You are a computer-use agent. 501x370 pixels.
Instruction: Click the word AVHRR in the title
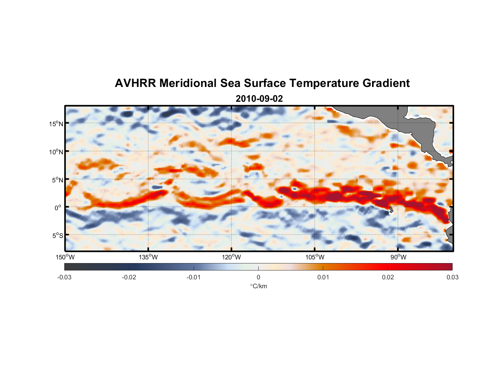pyautogui.click(x=135, y=83)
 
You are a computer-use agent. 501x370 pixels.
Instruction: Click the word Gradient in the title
pyautogui.click(x=386, y=83)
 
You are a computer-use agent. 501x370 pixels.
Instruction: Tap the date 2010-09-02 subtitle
pyautogui.click(x=259, y=99)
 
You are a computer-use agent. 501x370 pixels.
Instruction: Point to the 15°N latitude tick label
pyautogui.click(x=56, y=124)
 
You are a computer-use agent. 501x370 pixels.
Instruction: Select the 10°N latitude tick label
pyautogui.click(x=56, y=152)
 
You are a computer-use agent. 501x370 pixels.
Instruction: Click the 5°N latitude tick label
pyautogui.click(x=57, y=180)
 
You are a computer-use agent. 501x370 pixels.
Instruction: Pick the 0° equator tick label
pyautogui.click(x=58, y=208)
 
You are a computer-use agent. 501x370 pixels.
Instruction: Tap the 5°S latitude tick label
pyautogui.click(x=57, y=235)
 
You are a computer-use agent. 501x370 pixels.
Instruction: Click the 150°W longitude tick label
pyautogui.click(x=65, y=257)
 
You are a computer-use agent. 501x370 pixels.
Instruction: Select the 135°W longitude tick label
pyautogui.click(x=148, y=257)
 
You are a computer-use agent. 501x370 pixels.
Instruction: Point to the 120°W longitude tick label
pyautogui.click(x=231, y=257)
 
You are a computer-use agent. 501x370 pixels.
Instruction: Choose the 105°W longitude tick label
pyautogui.click(x=315, y=257)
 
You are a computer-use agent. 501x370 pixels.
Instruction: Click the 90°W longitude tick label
pyautogui.click(x=398, y=257)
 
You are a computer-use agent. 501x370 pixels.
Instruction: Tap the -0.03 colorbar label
pyautogui.click(x=64, y=277)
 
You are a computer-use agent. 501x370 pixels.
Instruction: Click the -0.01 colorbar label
pyautogui.click(x=194, y=277)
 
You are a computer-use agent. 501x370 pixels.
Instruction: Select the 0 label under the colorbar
pyautogui.click(x=258, y=277)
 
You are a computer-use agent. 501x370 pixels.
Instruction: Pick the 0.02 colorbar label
pyautogui.click(x=388, y=277)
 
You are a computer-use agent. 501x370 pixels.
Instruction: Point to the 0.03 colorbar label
pyautogui.click(x=452, y=277)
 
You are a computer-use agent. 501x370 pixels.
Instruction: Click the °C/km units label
pyautogui.click(x=258, y=286)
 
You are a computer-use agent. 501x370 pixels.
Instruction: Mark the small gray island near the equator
pyautogui.click(x=391, y=210)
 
